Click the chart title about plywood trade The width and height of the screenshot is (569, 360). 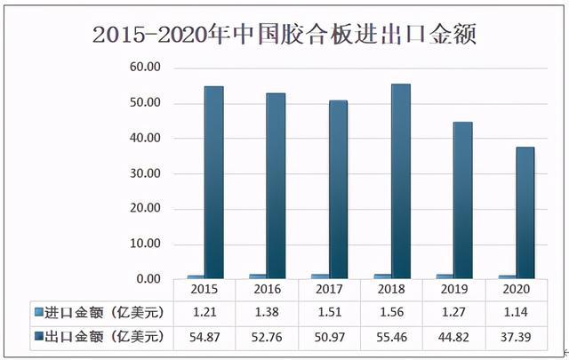[284, 36]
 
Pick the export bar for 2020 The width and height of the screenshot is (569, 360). [525, 212]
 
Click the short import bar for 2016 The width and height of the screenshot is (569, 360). [258, 276]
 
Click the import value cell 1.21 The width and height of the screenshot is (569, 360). [205, 312]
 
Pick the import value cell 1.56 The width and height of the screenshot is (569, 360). [392, 312]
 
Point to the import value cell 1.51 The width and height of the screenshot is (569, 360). [330, 312]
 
